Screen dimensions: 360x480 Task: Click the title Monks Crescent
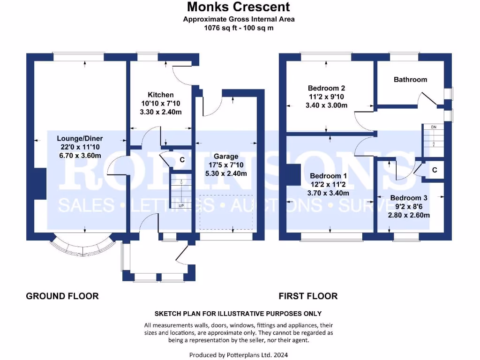(239, 7)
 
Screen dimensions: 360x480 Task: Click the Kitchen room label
(161, 95)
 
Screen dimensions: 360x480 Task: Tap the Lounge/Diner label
(80, 138)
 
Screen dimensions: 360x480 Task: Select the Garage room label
(226, 156)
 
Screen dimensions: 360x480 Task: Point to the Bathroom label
(410, 80)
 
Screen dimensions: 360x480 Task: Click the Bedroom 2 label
(326, 88)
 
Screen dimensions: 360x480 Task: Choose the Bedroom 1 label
(329, 176)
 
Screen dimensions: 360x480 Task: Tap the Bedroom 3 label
(408, 198)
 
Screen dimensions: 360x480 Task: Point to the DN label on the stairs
(434, 127)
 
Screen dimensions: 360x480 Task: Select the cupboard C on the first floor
(435, 170)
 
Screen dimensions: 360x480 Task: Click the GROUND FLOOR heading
(62, 296)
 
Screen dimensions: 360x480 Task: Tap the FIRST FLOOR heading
(308, 296)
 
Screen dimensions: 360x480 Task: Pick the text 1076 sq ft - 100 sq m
(239, 28)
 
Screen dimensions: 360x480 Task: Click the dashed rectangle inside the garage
(226, 212)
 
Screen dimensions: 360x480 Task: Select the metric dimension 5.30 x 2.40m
(226, 173)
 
